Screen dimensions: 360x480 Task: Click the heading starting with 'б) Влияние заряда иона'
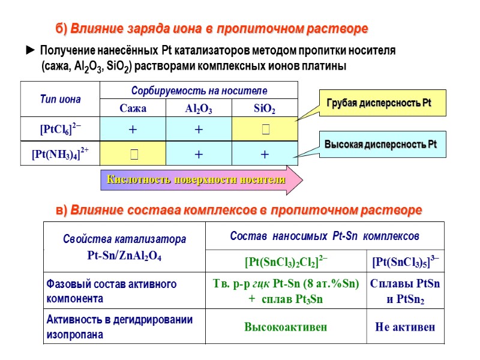pos(211,29)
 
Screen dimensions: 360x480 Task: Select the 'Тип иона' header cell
pos(60,99)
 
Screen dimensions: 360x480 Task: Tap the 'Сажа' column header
pos(133,109)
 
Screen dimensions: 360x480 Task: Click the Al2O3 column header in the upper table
pos(199,109)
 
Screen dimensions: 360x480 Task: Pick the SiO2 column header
pos(264,109)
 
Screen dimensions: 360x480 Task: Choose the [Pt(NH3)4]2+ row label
pos(60,154)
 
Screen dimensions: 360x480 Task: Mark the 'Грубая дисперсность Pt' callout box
pos(379,104)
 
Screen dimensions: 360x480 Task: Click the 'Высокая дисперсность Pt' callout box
pos(381,145)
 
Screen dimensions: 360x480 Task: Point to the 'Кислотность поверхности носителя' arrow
pos(201,180)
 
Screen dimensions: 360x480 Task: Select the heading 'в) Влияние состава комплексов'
pos(238,211)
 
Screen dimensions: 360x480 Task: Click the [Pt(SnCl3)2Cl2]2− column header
pos(286,262)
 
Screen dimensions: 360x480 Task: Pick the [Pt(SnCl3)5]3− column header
pos(406,262)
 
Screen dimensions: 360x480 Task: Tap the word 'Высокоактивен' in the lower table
pos(286,328)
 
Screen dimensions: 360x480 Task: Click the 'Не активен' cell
pos(406,328)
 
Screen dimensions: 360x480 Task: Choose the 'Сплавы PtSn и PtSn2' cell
pos(406,291)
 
